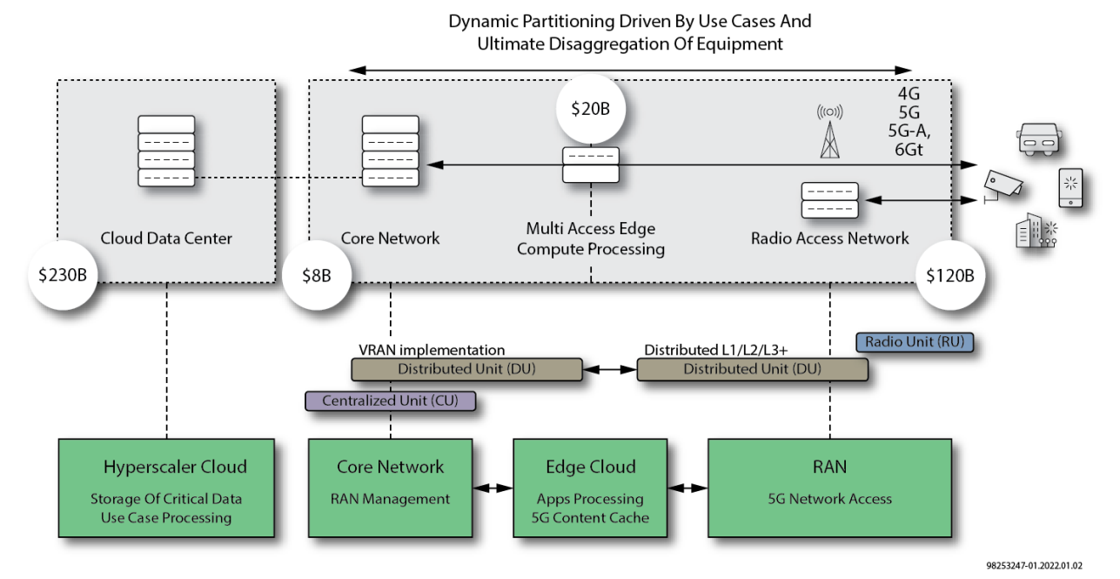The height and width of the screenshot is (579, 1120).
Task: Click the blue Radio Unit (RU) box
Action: pyautogui.click(x=914, y=342)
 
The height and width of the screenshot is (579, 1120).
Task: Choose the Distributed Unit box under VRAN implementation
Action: pyautogui.click(x=466, y=369)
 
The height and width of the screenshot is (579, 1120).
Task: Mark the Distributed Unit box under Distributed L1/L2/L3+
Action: pyautogui.click(x=752, y=369)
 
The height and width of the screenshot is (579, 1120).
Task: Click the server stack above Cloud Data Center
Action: pyautogui.click(x=166, y=150)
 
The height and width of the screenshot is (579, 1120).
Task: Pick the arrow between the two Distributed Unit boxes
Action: pyautogui.click(x=609, y=369)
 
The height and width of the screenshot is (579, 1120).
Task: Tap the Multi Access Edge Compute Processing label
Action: pyautogui.click(x=591, y=239)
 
